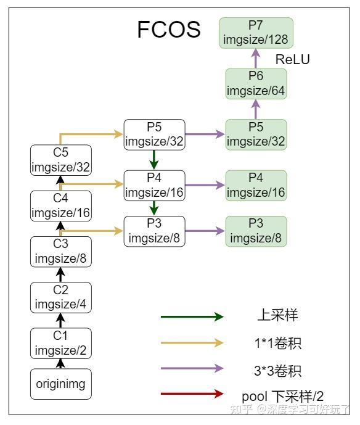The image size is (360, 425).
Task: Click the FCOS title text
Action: tap(168, 29)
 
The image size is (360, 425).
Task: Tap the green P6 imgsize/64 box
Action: tap(256, 84)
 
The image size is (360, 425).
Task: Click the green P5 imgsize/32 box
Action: tap(256, 134)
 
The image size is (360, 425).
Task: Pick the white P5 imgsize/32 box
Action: tap(154, 134)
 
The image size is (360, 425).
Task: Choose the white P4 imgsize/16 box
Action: tap(154, 184)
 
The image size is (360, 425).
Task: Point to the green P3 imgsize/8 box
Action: tap(256, 231)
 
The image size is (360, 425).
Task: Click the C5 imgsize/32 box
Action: tap(60, 160)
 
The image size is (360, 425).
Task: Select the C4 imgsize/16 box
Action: tap(60, 206)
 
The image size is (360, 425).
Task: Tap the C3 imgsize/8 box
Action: tap(60, 252)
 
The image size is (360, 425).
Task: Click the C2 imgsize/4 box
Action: tap(60, 297)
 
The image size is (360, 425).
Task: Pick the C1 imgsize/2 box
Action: tap(60, 344)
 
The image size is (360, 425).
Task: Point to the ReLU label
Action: tap(292, 60)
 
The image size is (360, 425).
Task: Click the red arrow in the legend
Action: tap(191, 394)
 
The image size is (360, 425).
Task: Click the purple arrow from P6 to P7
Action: tap(256, 59)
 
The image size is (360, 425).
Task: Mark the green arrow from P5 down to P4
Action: tap(154, 159)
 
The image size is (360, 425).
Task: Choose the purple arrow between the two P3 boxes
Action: tap(205, 231)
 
